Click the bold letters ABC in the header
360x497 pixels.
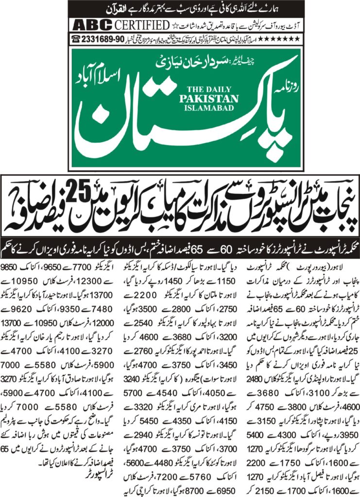(87, 24)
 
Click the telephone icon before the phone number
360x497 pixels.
(76, 38)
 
